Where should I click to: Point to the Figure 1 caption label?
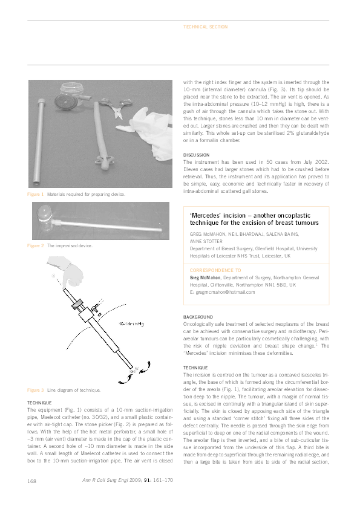tap(35, 194)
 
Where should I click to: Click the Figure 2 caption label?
tap(35, 245)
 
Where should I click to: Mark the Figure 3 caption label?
tap(35, 390)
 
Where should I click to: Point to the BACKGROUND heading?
tap(197, 317)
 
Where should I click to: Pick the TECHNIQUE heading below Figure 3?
tap(42, 403)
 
